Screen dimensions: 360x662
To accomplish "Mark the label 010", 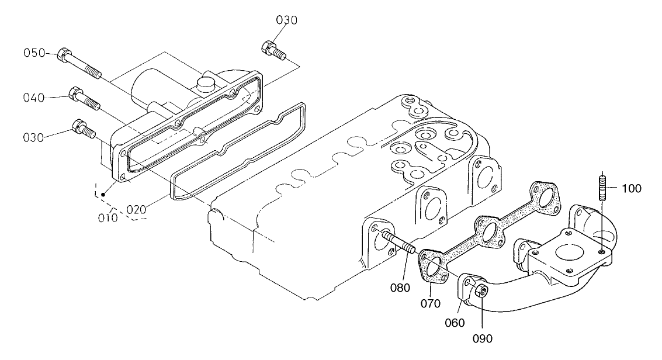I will pyautogui.click(x=109, y=218).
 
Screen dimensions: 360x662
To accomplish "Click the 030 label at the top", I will pyautogui.click(x=287, y=20).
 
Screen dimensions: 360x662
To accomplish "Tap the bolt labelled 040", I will pyautogui.click(x=85, y=99).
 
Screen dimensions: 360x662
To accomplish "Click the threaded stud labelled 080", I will pyautogui.click(x=398, y=243).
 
